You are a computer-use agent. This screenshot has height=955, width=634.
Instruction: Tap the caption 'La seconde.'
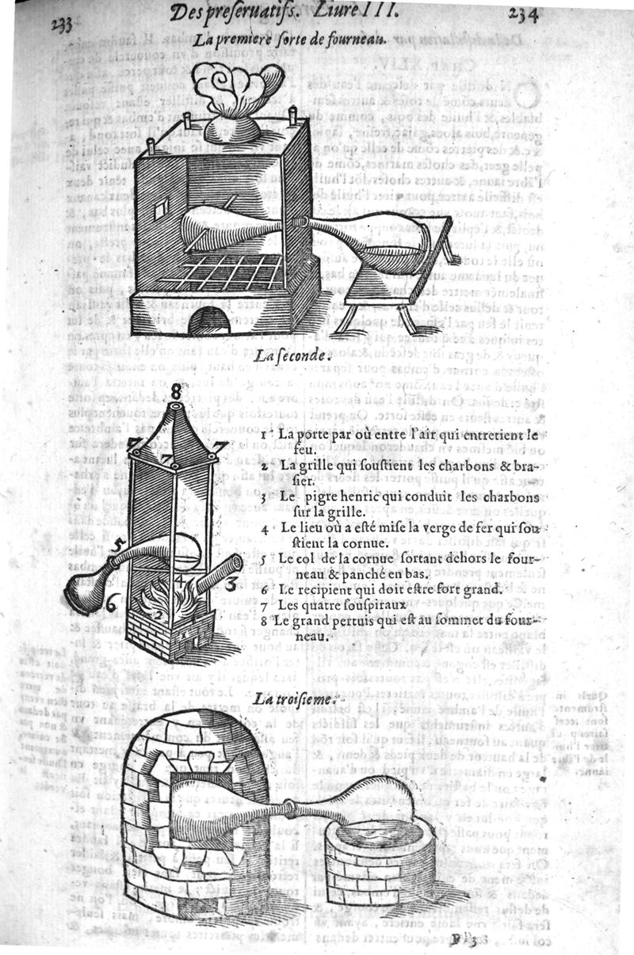click(292, 356)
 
